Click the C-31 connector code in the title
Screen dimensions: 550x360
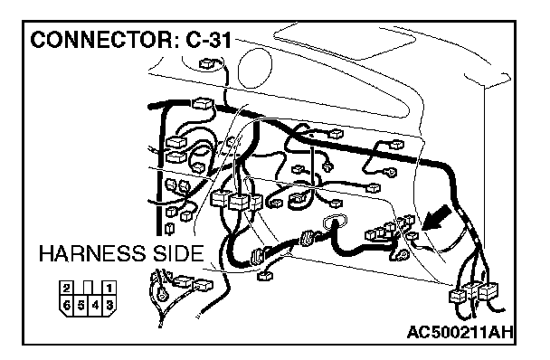pyautogui.click(x=209, y=40)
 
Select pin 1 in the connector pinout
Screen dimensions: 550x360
pyautogui.click(x=109, y=289)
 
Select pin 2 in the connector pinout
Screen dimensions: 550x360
pyautogui.click(x=66, y=289)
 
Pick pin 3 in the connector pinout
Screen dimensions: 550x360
pyautogui.click(x=109, y=305)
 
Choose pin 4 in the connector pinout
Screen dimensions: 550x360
pyautogui.click(x=95, y=305)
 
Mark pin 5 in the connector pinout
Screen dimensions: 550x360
pyautogui.click(x=81, y=305)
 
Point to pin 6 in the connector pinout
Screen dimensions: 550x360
pyautogui.click(x=67, y=305)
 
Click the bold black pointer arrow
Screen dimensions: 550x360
pyautogui.click(x=436, y=218)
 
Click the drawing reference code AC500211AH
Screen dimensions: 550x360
pyautogui.click(x=460, y=332)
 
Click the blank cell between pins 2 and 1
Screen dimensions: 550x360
pyautogui.click(x=88, y=289)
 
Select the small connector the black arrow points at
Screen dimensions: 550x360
pyautogui.click(x=412, y=236)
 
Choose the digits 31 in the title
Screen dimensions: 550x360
pyautogui.click(x=221, y=40)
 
